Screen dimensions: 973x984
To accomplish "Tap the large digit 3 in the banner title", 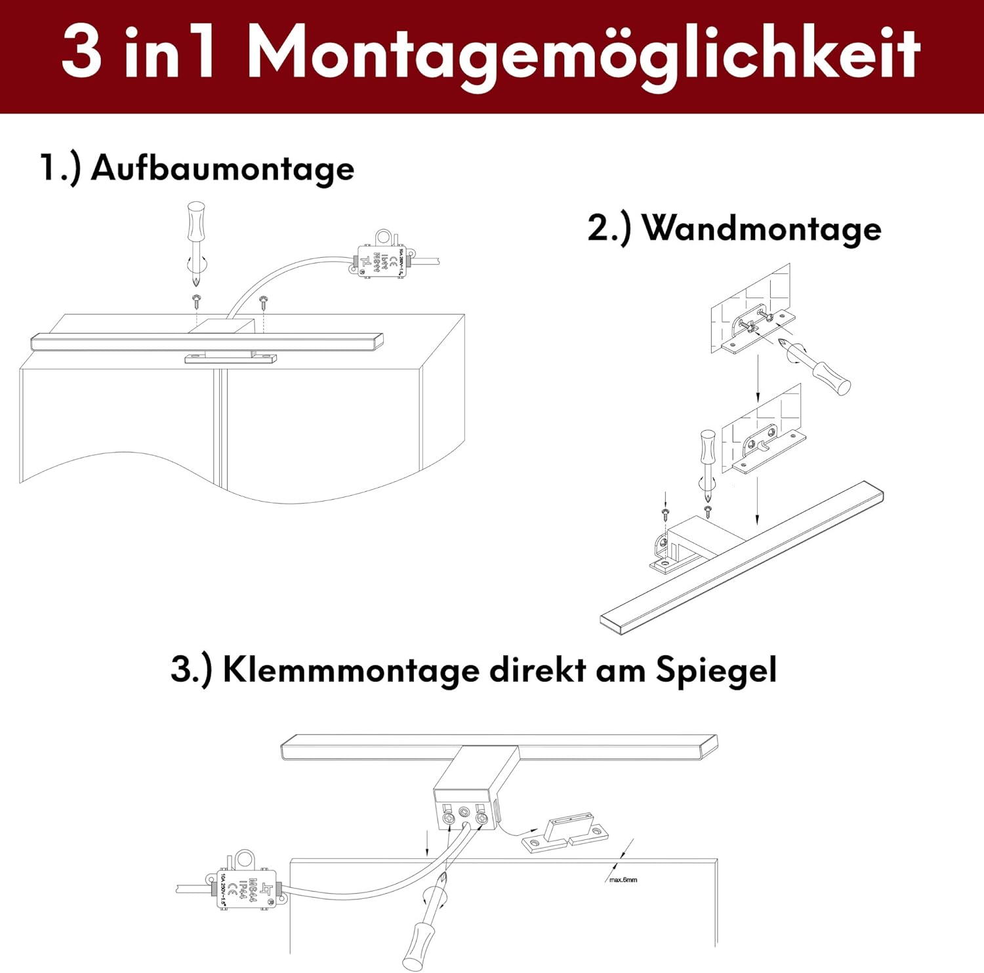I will [82, 52].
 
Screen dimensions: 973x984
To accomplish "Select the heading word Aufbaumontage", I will [222, 169].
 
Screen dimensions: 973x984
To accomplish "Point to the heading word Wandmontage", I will [761, 229].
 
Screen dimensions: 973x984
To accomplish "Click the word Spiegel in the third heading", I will [716, 671].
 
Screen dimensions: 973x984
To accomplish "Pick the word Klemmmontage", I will [351, 670].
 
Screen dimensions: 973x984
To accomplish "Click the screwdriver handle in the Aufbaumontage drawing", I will [195, 222].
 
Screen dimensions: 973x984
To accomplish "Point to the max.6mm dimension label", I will [623, 879].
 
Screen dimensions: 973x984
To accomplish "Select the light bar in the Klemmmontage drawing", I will [499, 747].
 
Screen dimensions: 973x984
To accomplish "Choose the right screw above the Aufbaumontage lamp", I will [264, 302].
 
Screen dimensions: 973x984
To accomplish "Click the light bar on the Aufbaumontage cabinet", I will [207, 341].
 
